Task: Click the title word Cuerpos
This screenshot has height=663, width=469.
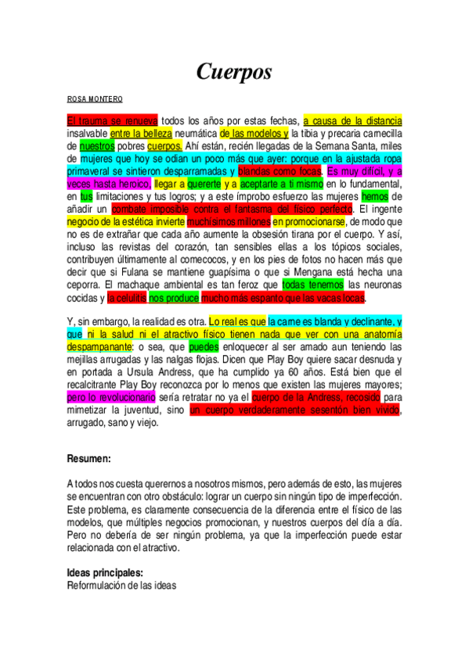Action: tap(234, 72)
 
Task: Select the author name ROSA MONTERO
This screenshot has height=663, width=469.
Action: tap(96, 99)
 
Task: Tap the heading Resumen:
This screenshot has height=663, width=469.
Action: tap(88, 460)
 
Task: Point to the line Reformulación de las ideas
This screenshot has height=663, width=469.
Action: tap(121, 585)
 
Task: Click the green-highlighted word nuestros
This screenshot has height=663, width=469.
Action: tap(97, 145)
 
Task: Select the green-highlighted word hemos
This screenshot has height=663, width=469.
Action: tap(375, 196)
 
